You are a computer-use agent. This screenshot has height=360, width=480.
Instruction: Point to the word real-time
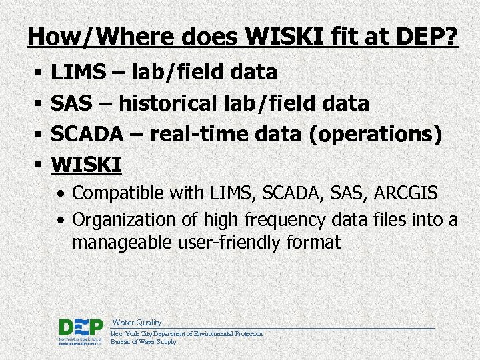(x=199, y=134)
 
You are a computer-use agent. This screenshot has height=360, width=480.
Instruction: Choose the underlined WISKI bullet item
(x=86, y=164)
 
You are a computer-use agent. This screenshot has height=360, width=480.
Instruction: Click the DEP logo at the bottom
(x=81, y=328)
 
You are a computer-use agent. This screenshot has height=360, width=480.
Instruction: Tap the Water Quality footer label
(x=137, y=323)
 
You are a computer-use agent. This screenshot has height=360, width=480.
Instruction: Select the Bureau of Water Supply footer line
(x=143, y=342)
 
